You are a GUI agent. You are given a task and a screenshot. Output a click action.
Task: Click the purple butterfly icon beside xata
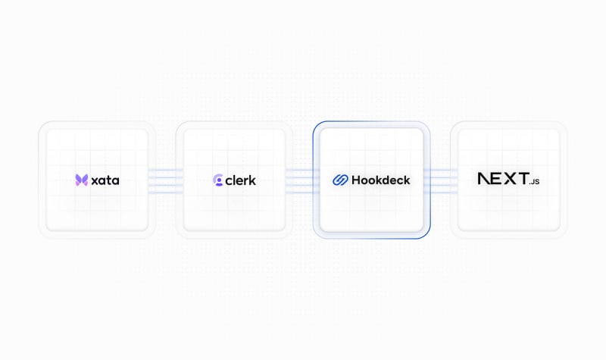click(82, 180)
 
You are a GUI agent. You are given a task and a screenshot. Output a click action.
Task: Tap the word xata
click(105, 180)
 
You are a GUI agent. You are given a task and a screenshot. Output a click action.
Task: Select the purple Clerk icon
click(218, 180)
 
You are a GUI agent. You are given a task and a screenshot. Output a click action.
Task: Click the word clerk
click(240, 180)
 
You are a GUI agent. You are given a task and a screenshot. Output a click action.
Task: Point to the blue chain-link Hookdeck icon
click(340, 180)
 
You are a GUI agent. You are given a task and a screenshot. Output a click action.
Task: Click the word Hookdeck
click(381, 180)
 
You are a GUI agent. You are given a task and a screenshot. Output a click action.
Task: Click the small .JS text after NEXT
click(535, 181)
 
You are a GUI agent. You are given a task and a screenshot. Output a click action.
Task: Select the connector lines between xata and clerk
click(165, 180)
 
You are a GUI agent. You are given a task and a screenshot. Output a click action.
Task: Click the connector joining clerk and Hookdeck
click(302, 180)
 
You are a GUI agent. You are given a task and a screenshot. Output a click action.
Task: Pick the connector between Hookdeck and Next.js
click(441, 180)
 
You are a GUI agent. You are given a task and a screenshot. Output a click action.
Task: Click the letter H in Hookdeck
click(356, 180)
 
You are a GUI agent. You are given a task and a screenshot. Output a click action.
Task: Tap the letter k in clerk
click(251, 180)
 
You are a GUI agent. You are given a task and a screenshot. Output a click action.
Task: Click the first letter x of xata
click(95, 181)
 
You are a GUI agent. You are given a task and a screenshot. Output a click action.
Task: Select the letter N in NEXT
click(485, 178)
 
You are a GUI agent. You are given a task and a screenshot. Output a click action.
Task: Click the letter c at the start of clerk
click(230, 181)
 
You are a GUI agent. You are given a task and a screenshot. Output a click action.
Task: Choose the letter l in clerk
click(236, 180)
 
